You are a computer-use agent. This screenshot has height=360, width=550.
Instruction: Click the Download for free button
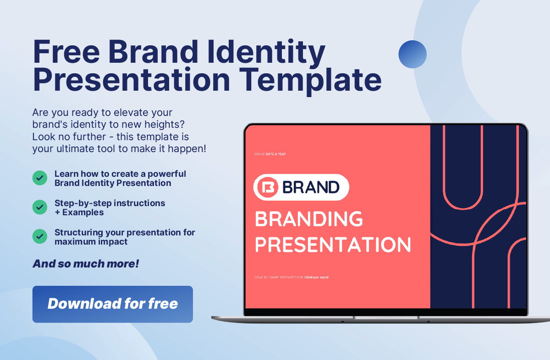pyautogui.click(x=113, y=304)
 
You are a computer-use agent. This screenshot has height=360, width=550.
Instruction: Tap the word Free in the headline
pyautogui.click(x=66, y=52)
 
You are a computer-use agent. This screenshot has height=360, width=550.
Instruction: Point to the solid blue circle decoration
pyautogui.click(x=412, y=54)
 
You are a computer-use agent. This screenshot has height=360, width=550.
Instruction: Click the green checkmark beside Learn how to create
pyautogui.click(x=40, y=178)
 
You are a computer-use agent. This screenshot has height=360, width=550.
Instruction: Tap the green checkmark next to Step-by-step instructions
pyautogui.click(x=40, y=207)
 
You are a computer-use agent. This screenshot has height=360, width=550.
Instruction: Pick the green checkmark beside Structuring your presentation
pyautogui.click(x=40, y=236)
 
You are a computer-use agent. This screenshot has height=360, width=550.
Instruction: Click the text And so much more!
pyautogui.click(x=86, y=264)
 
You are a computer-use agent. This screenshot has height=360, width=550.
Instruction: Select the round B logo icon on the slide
pyautogui.click(x=268, y=187)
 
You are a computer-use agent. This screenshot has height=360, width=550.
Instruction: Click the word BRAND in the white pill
pyautogui.click(x=311, y=187)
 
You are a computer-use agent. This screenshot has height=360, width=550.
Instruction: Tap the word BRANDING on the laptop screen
pyautogui.click(x=309, y=218)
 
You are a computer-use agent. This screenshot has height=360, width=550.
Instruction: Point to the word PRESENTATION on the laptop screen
pyautogui.click(x=333, y=245)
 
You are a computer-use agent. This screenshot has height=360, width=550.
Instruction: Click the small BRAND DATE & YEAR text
pyautogui.click(x=270, y=154)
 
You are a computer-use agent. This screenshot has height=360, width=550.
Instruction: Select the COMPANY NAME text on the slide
pyautogui.click(x=316, y=278)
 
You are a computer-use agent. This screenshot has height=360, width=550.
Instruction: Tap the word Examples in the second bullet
pyautogui.click(x=83, y=213)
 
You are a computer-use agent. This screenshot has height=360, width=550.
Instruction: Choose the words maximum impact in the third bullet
pyautogui.click(x=91, y=242)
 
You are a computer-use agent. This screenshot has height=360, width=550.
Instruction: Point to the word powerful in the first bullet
pyautogui.click(x=167, y=174)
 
